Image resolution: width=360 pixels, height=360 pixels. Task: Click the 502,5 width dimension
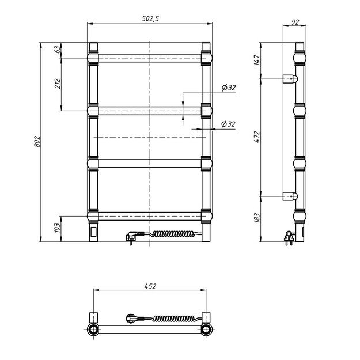[x=150, y=18]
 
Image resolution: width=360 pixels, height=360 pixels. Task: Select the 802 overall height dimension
[x=37, y=142]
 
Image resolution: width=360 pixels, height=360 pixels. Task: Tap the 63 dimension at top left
[x=58, y=49]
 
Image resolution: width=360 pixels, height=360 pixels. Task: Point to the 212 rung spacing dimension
[x=58, y=84]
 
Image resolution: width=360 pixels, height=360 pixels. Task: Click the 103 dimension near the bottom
[x=58, y=228]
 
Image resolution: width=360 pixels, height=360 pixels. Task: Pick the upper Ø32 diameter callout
[x=229, y=88]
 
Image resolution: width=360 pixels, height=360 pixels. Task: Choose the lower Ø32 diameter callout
[x=228, y=124]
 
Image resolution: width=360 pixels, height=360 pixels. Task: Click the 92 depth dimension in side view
[x=295, y=22]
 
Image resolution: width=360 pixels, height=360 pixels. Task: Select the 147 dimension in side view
[x=257, y=60]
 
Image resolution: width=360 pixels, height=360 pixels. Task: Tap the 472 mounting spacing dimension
[x=257, y=137]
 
